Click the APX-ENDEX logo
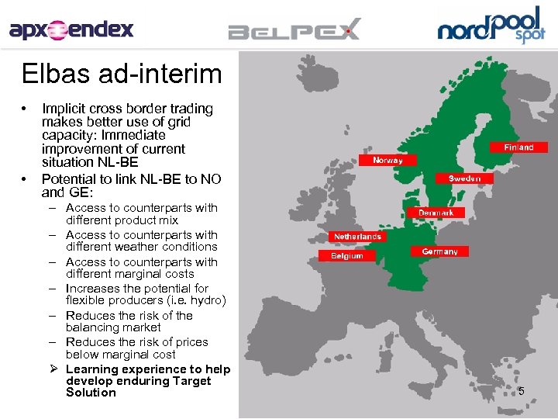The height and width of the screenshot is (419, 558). [x=71, y=30]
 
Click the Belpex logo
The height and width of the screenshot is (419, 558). [x=294, y=30]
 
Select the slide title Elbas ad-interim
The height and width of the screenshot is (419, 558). [x=122, y=74]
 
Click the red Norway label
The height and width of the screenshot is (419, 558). [x=387, y=160]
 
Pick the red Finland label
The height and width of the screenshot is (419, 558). [x=518, y=147]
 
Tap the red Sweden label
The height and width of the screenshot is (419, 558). [x=464, y=178]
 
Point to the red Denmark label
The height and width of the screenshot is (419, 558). [x=436, y=212]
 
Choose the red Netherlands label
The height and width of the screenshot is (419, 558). [x=357, y=236]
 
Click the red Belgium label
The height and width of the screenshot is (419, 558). [x=346, y=255]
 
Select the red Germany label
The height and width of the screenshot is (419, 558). [x=439, y=251]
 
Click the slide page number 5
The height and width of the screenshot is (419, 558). [x=521, y=390]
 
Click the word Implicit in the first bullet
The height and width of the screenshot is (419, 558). [x=64, y=109]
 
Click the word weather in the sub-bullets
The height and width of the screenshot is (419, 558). [x=136, y=247]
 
